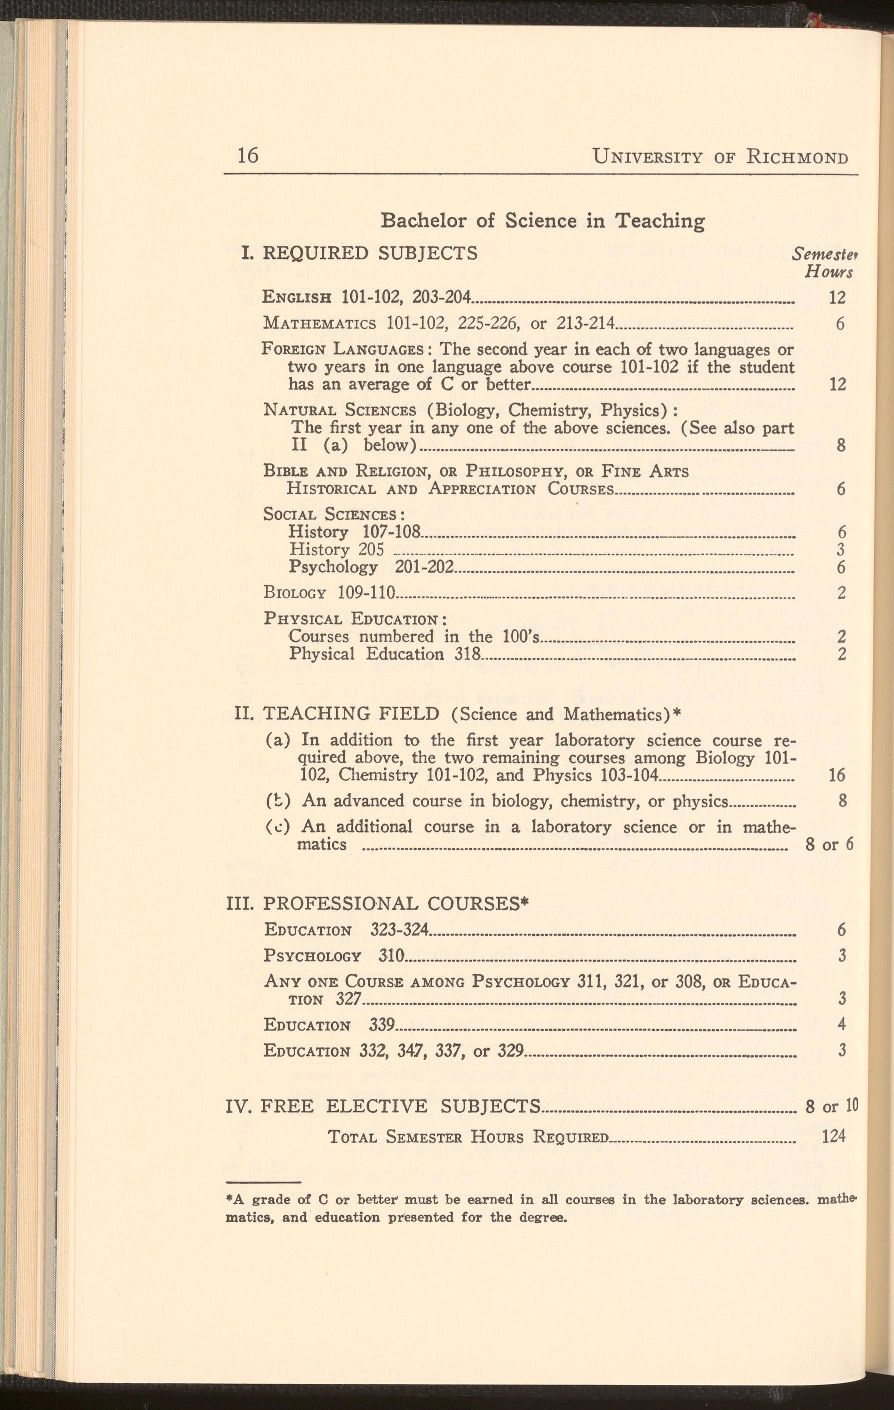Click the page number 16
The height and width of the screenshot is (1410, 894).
pyautogui.click(x=248, y=156)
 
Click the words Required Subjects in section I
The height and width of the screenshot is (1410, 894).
pyautogui.click(x=370, y=253)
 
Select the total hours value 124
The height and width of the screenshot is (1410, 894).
pyautogui.click(x=834, y=1136)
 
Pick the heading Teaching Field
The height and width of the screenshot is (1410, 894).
pyautogui.click(x=350, y=714)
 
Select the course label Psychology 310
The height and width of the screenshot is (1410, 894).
pyautogui.click(x=333, y=955)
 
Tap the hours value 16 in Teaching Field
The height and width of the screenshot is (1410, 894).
pyautogui.click(x=837, y=775)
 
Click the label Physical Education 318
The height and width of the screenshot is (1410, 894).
pyautogui.click(x=384, y=653)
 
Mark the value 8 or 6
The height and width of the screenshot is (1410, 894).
pyautogui.click(x=829, y=844)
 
